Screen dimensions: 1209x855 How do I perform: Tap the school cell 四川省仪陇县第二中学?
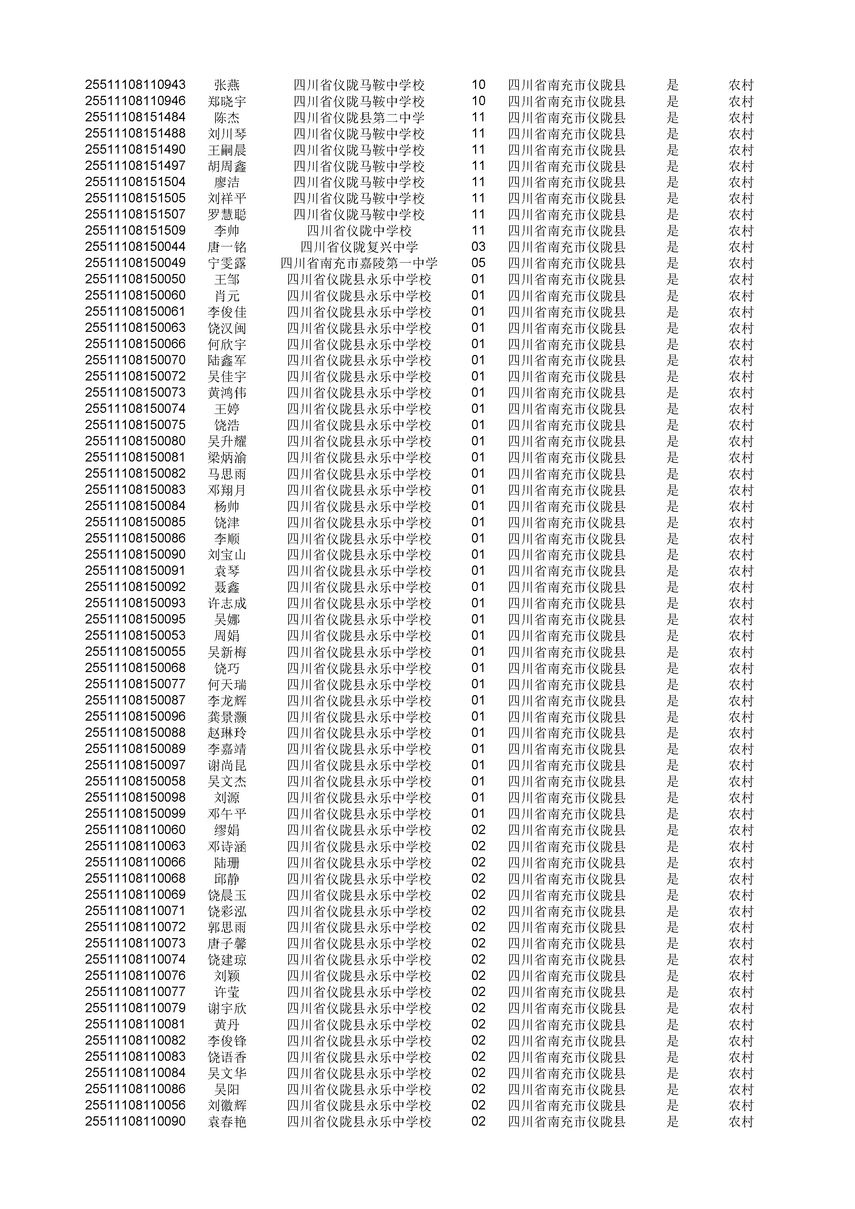click(359, 118)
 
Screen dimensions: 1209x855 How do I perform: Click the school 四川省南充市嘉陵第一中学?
click(359, 263)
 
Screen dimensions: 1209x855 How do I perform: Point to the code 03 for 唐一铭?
click(478, 247)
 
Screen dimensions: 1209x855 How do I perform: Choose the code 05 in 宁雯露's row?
click(478, 263)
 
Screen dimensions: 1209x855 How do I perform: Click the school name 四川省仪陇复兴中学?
click(359, 247)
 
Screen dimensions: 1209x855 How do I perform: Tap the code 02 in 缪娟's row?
click(478, 830)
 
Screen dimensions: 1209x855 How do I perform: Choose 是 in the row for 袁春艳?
click(672, 1121)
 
